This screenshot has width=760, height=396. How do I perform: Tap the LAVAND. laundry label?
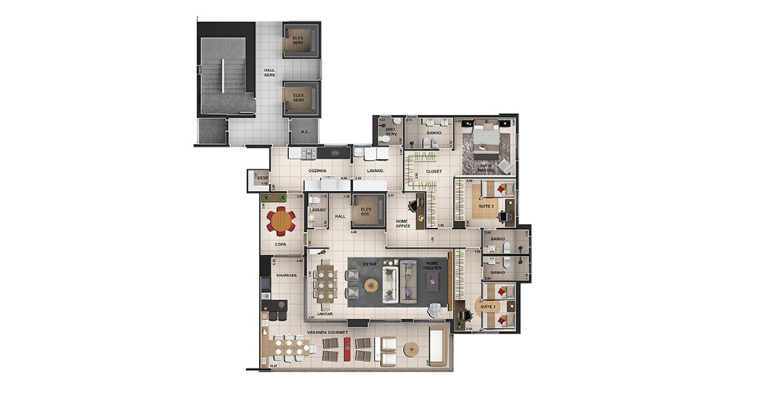tap(374, 170)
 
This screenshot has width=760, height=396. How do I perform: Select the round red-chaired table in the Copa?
tap(280, 220)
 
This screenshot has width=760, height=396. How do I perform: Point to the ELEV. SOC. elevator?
tap(367, 211)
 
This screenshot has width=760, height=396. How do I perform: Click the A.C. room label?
tap(304, 132)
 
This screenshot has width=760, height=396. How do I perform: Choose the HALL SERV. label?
tap(269, 73)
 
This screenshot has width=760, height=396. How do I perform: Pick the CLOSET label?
tap(434, 171)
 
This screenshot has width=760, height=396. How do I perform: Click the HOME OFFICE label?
tap(402, 223)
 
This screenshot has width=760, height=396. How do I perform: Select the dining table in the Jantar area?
tap(324, 286)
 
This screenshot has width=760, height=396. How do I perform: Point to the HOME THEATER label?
tap(432, 267)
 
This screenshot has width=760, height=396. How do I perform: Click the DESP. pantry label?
tap(262, 178)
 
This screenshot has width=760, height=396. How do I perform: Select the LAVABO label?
tap(317, 210)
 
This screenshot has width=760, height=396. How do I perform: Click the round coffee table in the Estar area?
tap(372, 283)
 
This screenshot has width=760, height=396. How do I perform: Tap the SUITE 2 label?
tap(485, 206)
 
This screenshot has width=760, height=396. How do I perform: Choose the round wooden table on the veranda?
tap(411, 349)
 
